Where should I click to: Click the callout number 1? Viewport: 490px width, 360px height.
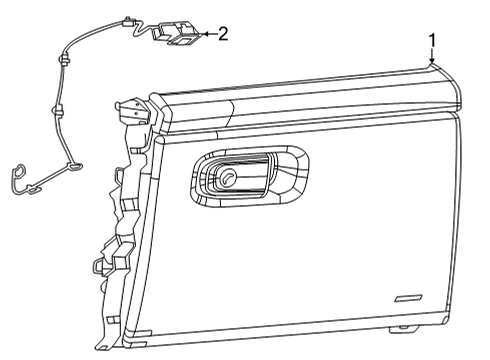(x=432, y=40)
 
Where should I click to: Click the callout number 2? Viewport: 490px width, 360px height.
(x=222, y=34)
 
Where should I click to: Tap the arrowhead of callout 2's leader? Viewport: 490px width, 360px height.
(x=203, y=35)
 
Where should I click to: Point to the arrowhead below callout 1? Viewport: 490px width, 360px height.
(x=432, y=61)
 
